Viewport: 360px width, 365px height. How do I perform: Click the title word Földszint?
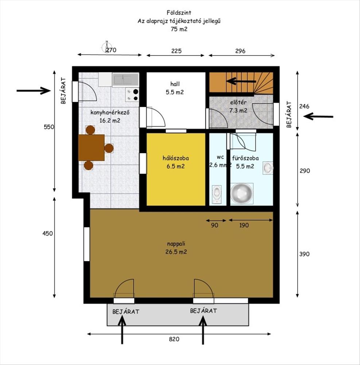[x=179, y=12]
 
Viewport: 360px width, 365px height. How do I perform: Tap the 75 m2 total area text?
[x=179, y=29]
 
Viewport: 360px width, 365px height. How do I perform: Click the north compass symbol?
[x=106, y=47]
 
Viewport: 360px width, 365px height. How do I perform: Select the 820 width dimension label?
[x=174, y=339]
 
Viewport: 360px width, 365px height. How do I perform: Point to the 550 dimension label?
[x=49, y=127]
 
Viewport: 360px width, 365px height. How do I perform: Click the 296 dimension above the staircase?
[x=240, y=51]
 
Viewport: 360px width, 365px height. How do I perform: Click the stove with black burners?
[x=132, y=95]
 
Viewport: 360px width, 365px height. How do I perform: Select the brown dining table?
[x=92, y=147]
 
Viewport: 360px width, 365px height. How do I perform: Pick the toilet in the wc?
[x=217, y=194]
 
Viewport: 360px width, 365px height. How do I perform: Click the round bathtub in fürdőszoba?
[x=241, y=193]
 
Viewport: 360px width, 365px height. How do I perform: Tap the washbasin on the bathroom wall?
[x=268, y=168]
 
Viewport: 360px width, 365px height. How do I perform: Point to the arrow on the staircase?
[x=241, y=81]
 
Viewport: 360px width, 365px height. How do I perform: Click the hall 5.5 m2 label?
[x=175, y=88]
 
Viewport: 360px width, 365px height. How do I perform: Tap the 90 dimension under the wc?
[x=214, y=225]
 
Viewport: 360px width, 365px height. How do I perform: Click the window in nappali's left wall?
[x=86, y=244]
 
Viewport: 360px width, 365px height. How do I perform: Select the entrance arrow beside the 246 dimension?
[x=318, y=116]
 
